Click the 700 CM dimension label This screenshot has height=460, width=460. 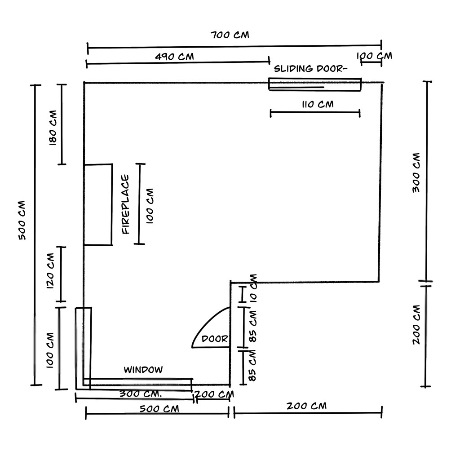point(230,35)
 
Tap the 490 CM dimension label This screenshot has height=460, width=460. point(174,56)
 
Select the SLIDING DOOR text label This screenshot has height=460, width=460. point(310,69)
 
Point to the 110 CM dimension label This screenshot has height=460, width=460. point(318,104)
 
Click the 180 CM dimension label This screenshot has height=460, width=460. point(53,128)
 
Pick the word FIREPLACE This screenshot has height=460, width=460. point(126,204)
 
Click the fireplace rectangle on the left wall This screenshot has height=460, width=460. point(98,204)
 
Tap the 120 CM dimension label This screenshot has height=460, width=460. point(50,271)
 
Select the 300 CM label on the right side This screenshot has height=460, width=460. point(416,172)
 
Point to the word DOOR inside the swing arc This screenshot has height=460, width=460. point(215,339)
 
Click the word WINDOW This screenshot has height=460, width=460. point(143,370)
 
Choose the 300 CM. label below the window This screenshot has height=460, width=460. point(141,394)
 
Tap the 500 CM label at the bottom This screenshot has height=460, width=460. point(159,409)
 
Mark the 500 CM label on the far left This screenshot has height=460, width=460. point(22,220)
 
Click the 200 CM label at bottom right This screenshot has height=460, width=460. point(306,406)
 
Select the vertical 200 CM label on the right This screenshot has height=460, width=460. point(416,325)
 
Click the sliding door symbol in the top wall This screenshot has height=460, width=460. point(315,84)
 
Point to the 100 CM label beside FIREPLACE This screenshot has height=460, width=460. point(150,206)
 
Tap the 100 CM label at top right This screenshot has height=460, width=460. point(374,56)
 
